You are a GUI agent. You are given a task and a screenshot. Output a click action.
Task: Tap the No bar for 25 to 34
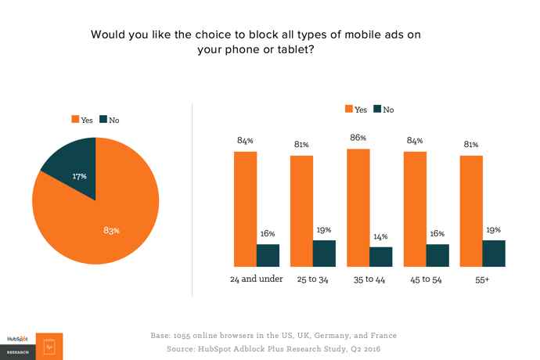[324, 253]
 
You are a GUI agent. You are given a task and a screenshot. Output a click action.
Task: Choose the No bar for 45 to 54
[437, 255]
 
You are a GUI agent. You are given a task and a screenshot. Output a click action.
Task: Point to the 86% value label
[358, 138]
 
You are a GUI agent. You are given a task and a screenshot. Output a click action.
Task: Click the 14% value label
[380, 237]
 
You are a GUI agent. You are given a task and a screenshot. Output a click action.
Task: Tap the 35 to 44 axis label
[369, 279]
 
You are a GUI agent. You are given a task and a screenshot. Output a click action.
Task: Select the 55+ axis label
[481, 279]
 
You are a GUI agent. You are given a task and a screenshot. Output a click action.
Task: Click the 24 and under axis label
[255, 279]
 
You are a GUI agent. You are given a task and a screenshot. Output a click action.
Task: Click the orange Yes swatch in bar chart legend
[348, 109]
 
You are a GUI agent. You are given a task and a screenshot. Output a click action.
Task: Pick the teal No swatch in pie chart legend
[103, 120]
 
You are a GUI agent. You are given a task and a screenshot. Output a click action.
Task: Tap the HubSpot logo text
[17, 339]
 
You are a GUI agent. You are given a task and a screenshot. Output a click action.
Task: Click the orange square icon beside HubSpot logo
[49, 345]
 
